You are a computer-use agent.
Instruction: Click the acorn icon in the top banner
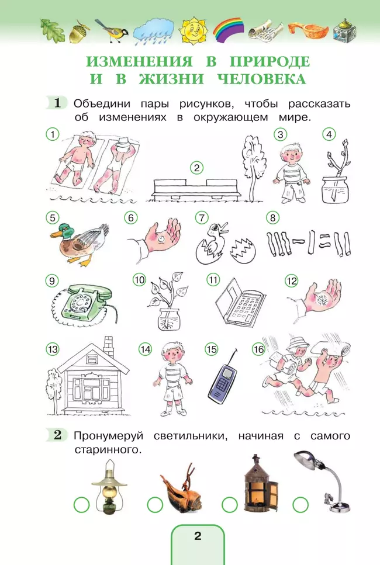click(77, 31)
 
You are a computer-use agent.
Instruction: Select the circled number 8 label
click(271, 218)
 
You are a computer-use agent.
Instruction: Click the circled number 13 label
click(53, 349)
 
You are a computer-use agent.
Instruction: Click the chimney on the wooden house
click(109, 348)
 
